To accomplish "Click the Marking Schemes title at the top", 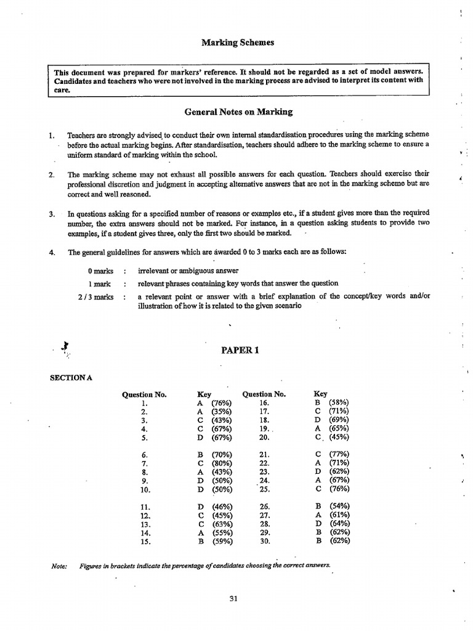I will [x=238, y=43].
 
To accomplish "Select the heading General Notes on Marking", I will [x=238, y=112].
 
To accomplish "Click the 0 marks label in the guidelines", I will [x=100, y=271].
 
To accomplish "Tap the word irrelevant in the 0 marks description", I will [x=155, y=271].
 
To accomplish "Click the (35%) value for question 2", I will [x=221, y=412].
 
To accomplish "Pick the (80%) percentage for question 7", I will [x=221, y=463].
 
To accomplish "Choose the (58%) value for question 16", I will [x=338, y=403].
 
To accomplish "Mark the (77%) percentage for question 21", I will [x=338, y=454].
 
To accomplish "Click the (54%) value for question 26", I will [x=339, y=506].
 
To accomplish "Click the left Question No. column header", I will [x=145, y=394].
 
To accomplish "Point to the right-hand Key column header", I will [x=320, y=394].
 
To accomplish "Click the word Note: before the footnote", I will [x=59, y=566].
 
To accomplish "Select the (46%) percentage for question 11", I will [x=221, y=506].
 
